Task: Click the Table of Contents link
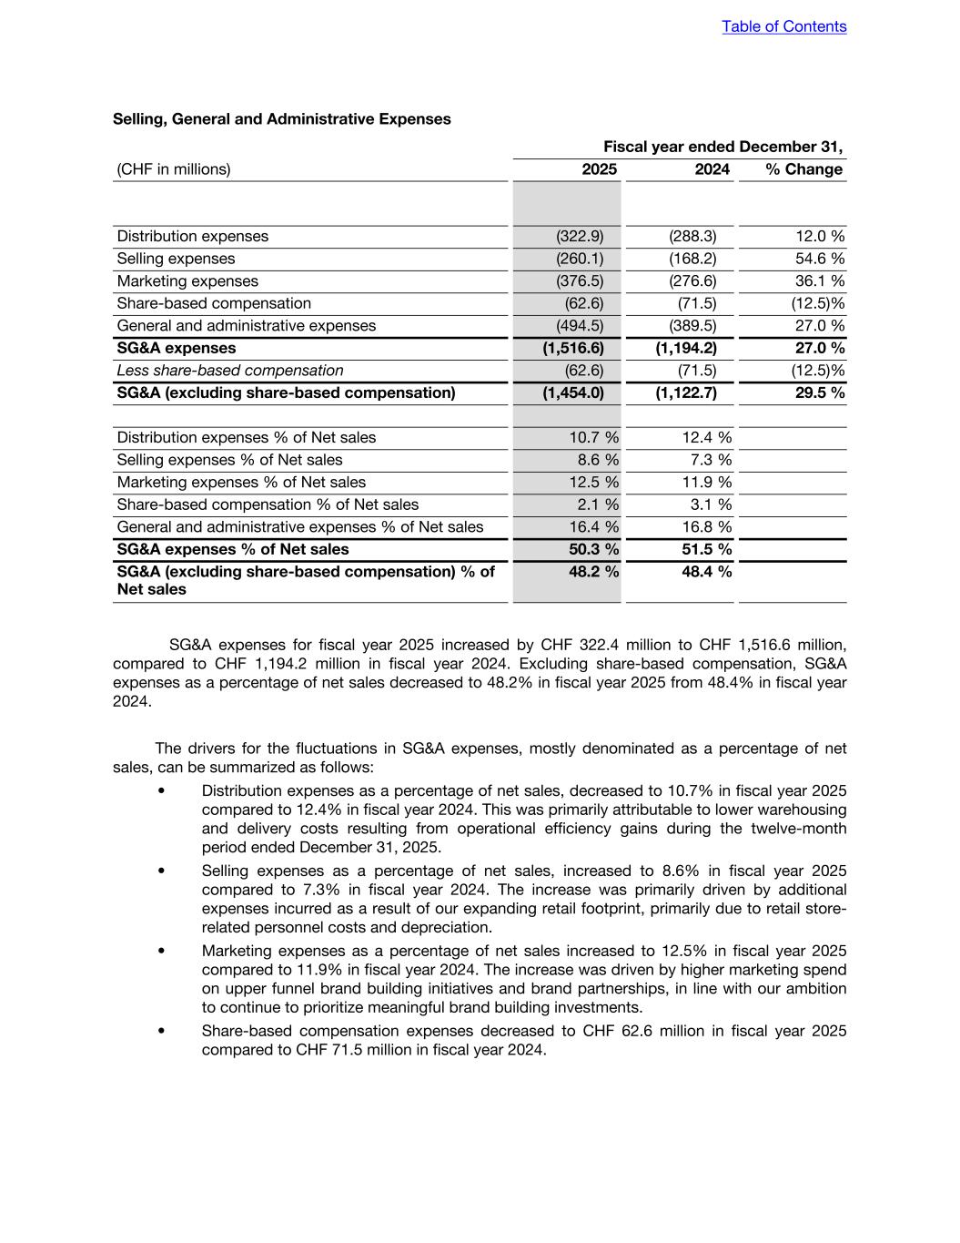coord(783,26)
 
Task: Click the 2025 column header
coord(599,169)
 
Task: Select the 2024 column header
coord(712,169)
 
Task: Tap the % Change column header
coord(803,169)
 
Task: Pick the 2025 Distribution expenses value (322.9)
coord(580,237)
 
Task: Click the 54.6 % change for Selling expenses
coord(819,259)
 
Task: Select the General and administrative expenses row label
coord(246,326)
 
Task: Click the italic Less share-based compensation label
coord(230,371)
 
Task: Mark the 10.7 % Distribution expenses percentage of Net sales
coord(593,438)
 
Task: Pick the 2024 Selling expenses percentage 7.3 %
coord(710,460)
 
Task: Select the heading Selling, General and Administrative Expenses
coord(281,119)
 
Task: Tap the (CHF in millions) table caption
coord(174,169)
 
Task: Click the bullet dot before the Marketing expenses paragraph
coord(161,951)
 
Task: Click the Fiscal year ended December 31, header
coord(723,147)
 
